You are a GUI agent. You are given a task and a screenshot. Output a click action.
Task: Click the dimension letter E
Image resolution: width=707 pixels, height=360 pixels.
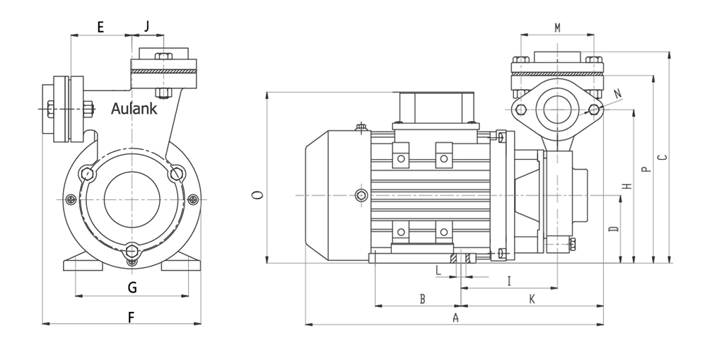(x=100, y=27)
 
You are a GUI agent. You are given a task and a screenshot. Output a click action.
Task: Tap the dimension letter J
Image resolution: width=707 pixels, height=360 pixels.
(x=147, y=26)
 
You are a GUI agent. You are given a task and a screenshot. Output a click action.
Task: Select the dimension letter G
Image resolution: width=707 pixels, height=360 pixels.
(x=132, y=287)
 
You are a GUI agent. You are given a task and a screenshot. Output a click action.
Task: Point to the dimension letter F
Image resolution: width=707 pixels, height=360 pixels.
(x=132, y=317)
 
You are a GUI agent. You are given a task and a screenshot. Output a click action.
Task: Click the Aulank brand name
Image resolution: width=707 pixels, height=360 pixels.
(x=134, y=108)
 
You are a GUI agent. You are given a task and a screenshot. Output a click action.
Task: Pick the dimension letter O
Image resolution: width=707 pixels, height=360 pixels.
(x=257, y=195)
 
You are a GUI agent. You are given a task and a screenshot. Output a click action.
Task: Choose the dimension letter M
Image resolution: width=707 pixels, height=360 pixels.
(x=557, y=28)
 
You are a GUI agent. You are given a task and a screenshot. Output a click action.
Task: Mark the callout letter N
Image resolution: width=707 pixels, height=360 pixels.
(x=618, y=93)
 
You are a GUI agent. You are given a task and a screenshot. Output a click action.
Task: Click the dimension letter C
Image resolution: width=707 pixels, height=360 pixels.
(x=662, y=158)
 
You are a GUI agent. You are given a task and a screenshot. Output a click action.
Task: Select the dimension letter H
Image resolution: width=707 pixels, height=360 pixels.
(x=626, y=186)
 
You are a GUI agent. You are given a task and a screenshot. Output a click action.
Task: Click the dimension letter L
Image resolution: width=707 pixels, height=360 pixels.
(x=438, y=271)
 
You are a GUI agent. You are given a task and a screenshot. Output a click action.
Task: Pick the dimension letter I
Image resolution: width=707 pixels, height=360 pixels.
(x=509, y=281)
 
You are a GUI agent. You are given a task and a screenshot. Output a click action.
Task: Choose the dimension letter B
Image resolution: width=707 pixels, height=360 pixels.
(x=423, y=299)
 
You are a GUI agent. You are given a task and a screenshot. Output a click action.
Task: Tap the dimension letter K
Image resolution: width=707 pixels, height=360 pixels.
(x=532, y=299)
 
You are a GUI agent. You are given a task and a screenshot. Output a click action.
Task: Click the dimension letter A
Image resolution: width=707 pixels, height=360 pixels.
(x=455, y=318)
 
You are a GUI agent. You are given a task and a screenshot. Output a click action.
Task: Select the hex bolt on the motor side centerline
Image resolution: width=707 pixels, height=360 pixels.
(x=361, y=195)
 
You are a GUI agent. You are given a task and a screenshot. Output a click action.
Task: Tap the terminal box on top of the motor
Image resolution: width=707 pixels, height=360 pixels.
(x=434, y=108)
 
